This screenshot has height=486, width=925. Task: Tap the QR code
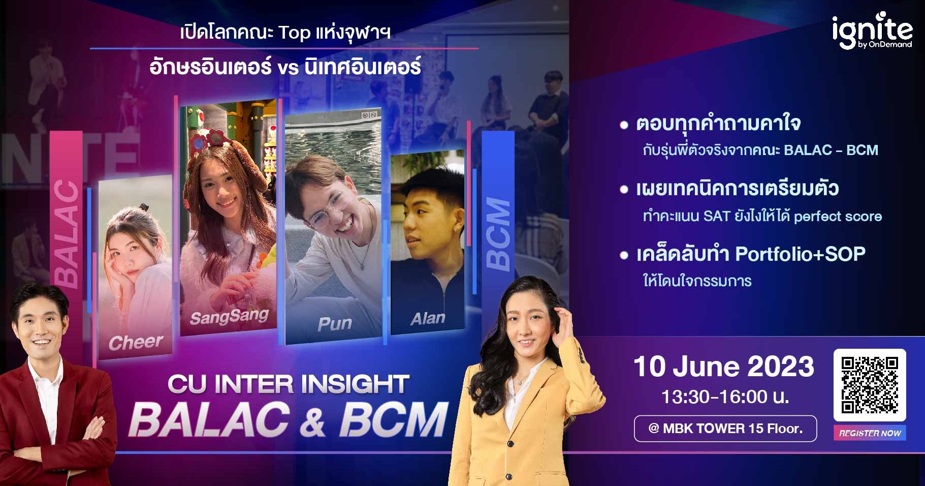[870, 384]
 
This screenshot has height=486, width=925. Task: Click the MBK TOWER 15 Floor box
[725, 429]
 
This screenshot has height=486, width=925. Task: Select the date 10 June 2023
[723, 367]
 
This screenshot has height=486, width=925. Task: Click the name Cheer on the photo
[136, 343]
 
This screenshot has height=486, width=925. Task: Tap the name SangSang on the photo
[229, 317]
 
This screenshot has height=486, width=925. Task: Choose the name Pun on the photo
[334, 324]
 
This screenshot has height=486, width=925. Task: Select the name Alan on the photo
[428, 318]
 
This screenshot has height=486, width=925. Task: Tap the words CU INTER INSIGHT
[289, 384]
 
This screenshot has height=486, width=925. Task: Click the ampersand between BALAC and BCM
[315, 420]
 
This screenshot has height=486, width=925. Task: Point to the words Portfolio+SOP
[800, 254]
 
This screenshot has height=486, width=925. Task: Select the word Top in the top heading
[294, 33]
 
